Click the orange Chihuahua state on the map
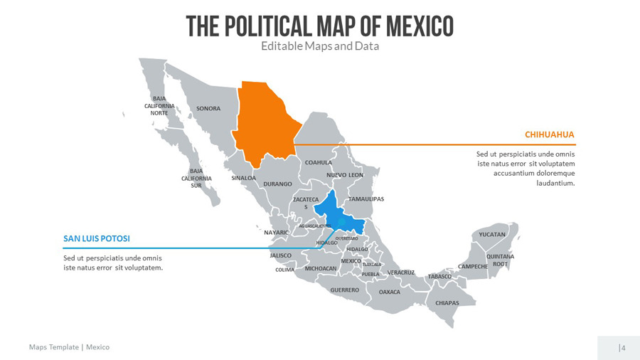[x=265, y=121]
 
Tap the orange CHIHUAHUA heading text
[x=549, y=134]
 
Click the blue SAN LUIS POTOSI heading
[x=97, y=238]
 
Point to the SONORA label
[x=208, y=108]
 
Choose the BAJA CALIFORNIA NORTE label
[x=159, y=105]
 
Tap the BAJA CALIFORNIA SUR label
[x=196, y=178]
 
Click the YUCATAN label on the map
[x=492, y=234]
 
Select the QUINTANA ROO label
[x=500, y=260]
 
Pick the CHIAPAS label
[x=447, y=302]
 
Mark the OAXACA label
[x=390, y=292]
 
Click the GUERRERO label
[x=345, y=290]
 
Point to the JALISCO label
[x=281, y=255]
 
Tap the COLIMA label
[x=284, y=270]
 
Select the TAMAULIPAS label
[x=366, y=198]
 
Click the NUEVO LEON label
[x=345, y=175]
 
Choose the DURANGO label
[x=278, y=184]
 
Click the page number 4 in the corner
[x=623, y=348]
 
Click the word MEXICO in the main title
[x=419, y=26]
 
